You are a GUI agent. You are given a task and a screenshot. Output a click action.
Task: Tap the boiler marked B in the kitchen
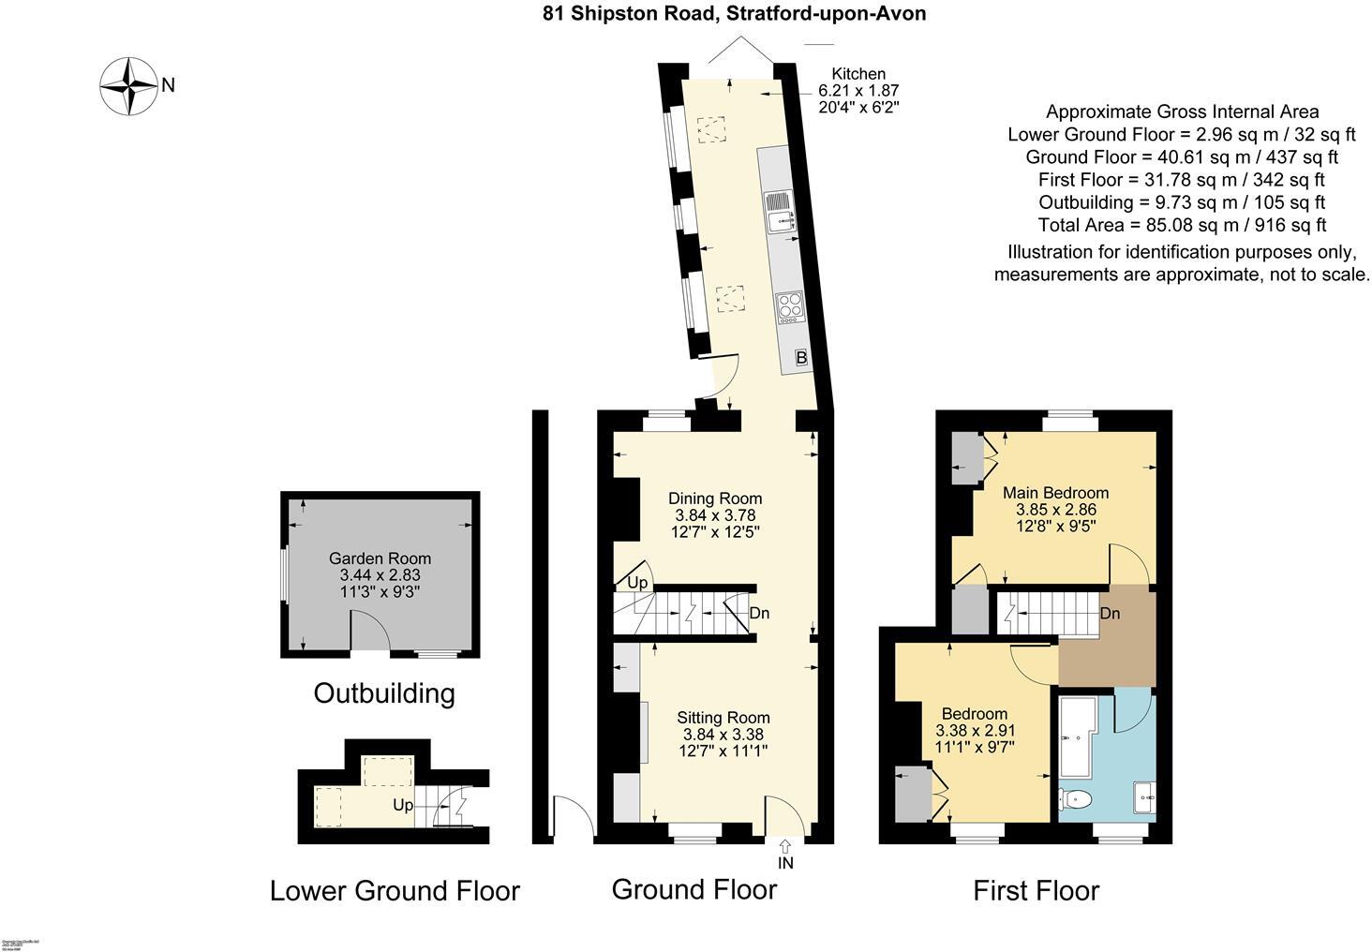click(x=801, y=357)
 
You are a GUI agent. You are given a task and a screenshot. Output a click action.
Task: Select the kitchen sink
click(x=779, y=211)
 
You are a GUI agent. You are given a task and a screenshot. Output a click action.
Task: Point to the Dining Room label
click(x=714, y=498)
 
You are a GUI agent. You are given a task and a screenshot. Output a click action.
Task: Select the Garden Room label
click(x=380, y=558)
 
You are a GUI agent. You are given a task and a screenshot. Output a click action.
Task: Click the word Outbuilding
click(x=383, y=693)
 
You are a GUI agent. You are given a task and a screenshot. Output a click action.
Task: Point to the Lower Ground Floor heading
click(x=395, y=890)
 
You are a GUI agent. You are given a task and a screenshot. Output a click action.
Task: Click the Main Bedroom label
click(x=1055, y=493)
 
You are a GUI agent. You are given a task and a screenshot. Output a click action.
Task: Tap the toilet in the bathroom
click(x=1075, y=800)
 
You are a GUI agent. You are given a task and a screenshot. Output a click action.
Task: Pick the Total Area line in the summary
click(x=1182, y=225)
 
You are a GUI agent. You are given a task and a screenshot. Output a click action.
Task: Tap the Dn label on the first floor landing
click(x=1110, y=615)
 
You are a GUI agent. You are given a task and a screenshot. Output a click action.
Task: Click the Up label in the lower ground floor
click(x=402, y=805)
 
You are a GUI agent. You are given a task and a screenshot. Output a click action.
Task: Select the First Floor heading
click(x=1036, y=890)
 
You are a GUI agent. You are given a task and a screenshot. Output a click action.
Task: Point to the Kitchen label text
click(x=858, y=74)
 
